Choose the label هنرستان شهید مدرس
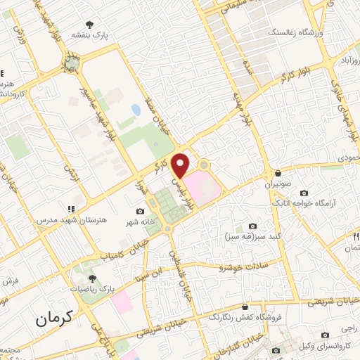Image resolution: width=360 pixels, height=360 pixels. pos(70,220)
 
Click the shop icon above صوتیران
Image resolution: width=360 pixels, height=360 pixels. pos(279,173)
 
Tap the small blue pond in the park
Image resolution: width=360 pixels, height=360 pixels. pos(135,110)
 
